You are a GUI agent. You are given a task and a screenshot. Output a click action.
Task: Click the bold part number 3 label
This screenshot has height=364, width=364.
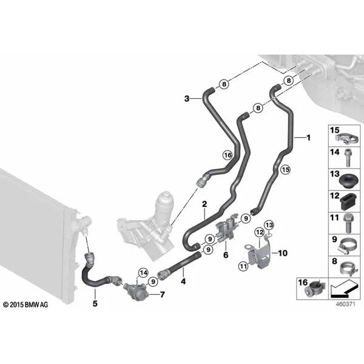[x=187, y=99]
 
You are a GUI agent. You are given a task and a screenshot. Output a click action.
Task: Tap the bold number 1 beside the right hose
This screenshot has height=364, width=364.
[x=309, y=138]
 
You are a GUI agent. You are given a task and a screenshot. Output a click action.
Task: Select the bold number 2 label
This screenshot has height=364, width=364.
[x=204, y=204]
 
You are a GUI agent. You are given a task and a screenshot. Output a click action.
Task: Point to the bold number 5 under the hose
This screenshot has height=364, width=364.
[x=95, y=303]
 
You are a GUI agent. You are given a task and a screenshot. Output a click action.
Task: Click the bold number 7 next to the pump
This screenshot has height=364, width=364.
[x=162, y=295]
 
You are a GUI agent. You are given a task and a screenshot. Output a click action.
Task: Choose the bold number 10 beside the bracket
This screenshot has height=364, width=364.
[x=283, y=253]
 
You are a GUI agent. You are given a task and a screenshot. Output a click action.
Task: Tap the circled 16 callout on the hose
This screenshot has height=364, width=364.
[x=227, y=155]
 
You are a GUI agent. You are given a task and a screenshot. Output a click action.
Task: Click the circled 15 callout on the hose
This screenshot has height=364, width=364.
[x=286, y=169]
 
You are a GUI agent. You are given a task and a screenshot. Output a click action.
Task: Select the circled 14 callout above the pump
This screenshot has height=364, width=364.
[x=143, y=273]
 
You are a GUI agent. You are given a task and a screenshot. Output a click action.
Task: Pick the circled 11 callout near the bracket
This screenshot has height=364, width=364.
[x=243, y=266]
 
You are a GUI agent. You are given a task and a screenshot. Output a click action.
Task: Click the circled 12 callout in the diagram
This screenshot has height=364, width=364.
[x=260, y=232]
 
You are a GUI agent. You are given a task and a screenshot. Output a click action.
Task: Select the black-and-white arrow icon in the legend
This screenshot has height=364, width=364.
[x=344, y=289]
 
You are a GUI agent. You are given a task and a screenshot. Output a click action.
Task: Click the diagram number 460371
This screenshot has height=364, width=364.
[x=345, y=304]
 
